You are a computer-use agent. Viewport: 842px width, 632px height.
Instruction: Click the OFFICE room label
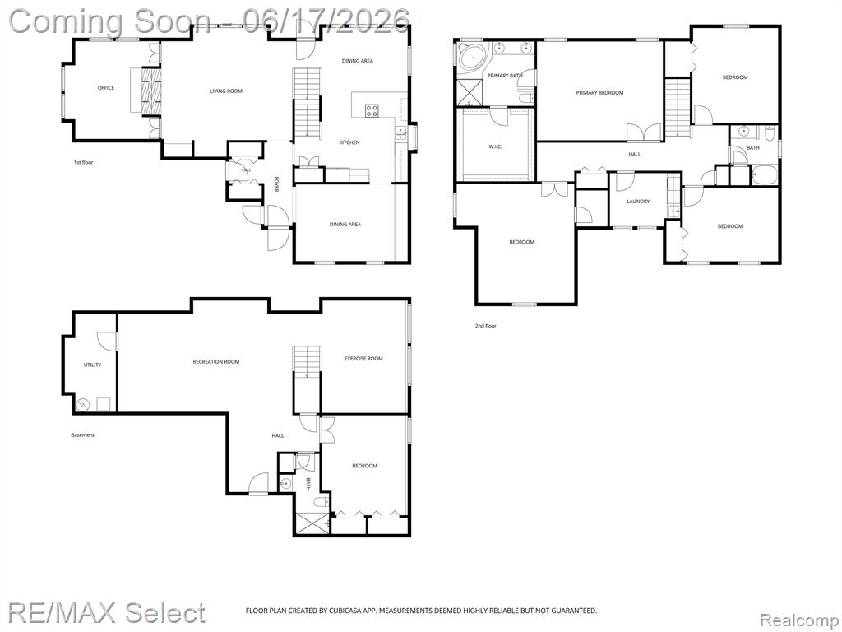(106, 87)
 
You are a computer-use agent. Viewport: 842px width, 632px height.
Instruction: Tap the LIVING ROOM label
(226, 91)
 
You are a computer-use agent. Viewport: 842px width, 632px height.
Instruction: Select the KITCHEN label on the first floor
(349, 142)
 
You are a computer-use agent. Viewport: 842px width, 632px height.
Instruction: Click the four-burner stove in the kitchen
(372, 111)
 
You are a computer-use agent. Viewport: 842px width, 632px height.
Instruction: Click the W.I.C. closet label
(495, 146)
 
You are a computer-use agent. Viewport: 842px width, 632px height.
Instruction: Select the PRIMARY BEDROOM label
(599, 93)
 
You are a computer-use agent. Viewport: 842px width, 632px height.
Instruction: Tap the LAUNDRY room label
(638, 202)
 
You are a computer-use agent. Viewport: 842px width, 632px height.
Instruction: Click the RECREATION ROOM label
(216, 362)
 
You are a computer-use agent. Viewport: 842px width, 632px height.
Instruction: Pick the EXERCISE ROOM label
(363, 359)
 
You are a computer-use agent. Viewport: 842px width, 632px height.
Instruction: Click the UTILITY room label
(92, 365)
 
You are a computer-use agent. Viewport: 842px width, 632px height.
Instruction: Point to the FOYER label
(276, 184)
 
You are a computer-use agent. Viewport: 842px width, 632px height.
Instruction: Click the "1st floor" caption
(83, 162)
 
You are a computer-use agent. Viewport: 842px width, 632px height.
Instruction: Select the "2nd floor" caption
(486, 326)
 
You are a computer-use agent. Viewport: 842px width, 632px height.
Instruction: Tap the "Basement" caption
(83, 434)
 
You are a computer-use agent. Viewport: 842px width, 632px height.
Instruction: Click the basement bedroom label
(364, 466)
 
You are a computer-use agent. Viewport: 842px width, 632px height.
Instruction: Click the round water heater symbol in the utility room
(84, 405)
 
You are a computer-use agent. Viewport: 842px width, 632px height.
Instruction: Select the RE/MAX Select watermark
(106, 612)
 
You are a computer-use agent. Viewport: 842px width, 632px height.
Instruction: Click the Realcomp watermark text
(798, 620)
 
